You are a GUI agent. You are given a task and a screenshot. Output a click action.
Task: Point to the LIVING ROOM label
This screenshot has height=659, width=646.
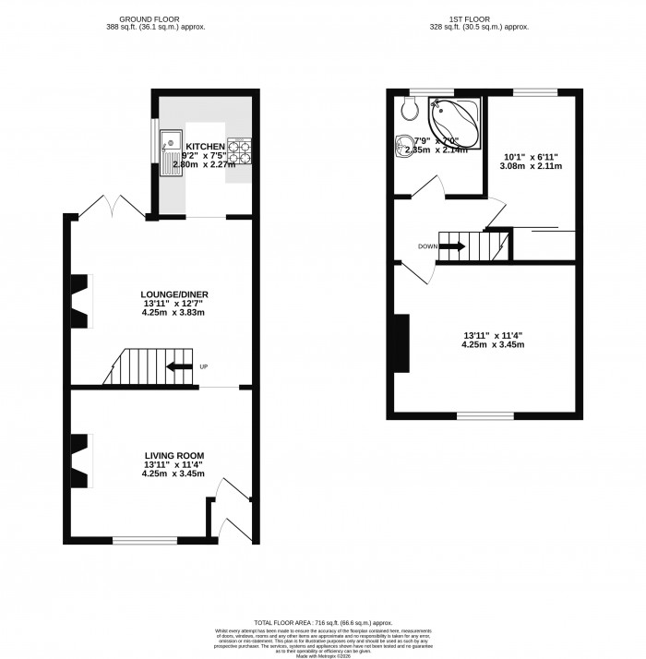click(173, 456)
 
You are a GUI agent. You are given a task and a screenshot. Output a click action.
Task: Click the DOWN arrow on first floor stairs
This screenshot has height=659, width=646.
click(452, 246)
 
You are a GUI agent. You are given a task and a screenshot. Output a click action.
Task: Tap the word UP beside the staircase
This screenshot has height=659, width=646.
click(204, 367)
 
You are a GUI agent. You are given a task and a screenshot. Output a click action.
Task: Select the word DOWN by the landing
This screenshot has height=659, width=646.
click(428, 246)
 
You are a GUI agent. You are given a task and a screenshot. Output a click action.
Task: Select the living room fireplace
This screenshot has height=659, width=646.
click(81, 461)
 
